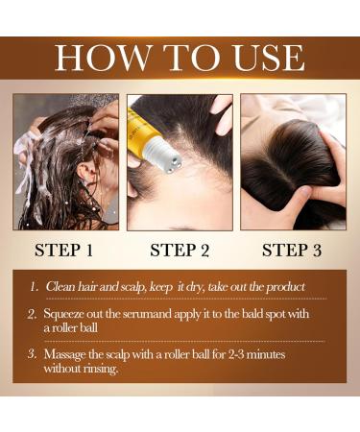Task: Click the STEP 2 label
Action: coord(180,251)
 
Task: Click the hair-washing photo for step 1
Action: coord(66,160)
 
